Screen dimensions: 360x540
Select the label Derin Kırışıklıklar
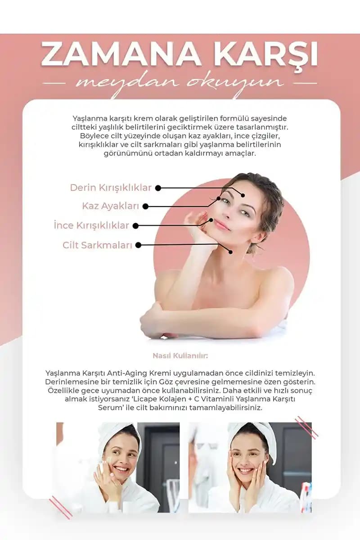pyautogui.click(x=111, y=188)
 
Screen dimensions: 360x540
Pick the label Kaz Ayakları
pyautogui.click(x=110, y=206)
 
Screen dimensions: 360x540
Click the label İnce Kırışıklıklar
pyautogui.click(x=91, y=225)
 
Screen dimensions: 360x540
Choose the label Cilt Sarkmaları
pyautogui.click(x=97, y=245)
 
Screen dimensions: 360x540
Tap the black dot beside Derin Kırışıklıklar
pyautogui.click(x=158, y=188)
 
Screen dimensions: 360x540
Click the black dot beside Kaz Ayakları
pyautogui.click(x=145, y=207)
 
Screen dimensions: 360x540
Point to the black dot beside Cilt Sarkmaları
pyautogui.click(x=138, y=245)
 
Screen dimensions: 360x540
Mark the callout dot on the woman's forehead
pyautogui.click(x=243, y=195)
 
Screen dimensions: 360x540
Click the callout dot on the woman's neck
pyautogui.click(x=230, y=252)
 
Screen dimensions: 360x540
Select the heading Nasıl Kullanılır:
pyautogui.click(x=180, y=356)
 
